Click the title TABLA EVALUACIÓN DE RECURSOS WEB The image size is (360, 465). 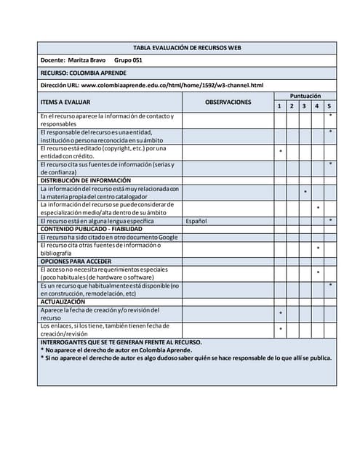coord(187,47)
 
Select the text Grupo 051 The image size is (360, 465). coord(128,60)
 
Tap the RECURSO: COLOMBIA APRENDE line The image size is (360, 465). coord(84,73)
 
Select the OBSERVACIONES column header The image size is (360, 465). coord(228,102)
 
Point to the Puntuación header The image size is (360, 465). coord(305,96)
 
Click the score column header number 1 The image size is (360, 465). coord(280,107)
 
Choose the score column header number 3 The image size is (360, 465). coord(305,107)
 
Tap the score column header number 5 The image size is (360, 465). coord(329,107)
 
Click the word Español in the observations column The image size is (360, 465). coord(196,220)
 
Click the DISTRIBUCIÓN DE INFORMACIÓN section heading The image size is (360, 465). coord(86,180)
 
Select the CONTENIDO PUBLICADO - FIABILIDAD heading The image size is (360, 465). coord(92,228)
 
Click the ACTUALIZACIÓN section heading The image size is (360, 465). coord(63,301)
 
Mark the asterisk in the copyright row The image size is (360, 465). coord(281,152)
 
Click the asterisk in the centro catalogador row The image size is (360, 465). coord(305,193)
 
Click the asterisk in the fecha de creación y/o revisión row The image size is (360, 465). coord(281,314)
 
